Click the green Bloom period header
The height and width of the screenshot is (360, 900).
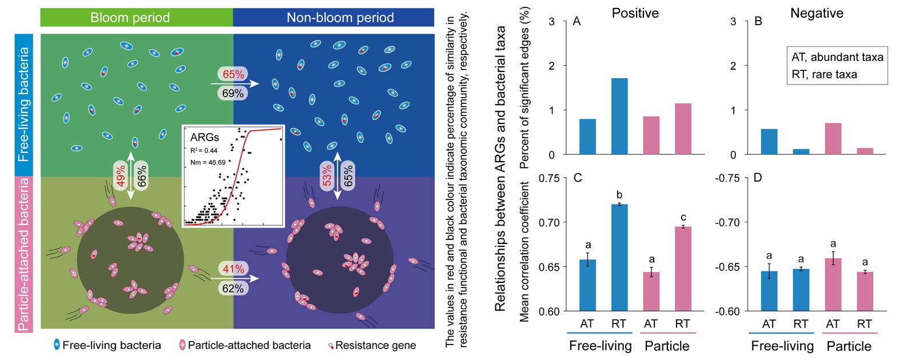[137, 18]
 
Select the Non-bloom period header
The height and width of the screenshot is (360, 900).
[334, 18]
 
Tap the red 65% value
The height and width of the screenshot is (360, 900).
[234, 74]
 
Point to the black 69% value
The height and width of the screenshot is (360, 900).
[233, 93]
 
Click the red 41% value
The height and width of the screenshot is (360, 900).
[234, 269]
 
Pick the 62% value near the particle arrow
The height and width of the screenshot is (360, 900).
[233, 288]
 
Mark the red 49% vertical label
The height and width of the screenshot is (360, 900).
[121, 176]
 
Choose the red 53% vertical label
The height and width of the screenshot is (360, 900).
[327, 175]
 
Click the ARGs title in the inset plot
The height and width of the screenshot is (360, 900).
[205, 137]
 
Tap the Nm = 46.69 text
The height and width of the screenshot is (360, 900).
[208, 162]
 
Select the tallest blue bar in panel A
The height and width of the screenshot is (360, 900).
[619, 117]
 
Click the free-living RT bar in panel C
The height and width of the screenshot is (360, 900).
[619, 258]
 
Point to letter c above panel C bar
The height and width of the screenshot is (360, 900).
[683, 217]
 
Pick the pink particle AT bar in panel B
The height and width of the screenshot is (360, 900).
[833, 139]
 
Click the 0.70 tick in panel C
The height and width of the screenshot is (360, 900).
[549, 222]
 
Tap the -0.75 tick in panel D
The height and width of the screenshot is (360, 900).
[727, 178]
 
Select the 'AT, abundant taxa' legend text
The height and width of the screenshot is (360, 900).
[837, 57]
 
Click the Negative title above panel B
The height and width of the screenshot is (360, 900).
[817, 13]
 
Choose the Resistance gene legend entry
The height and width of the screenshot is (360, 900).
[372, 345]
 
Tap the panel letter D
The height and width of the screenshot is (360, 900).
[758, 178]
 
